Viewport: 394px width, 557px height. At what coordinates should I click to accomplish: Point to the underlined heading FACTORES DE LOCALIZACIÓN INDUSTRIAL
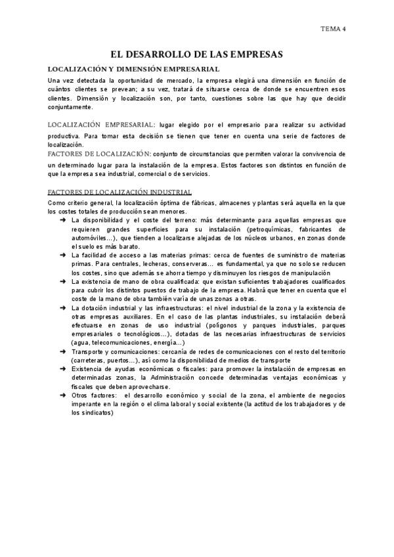(120, 192)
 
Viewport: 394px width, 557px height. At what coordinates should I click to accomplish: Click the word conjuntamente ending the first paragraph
(70, 107)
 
